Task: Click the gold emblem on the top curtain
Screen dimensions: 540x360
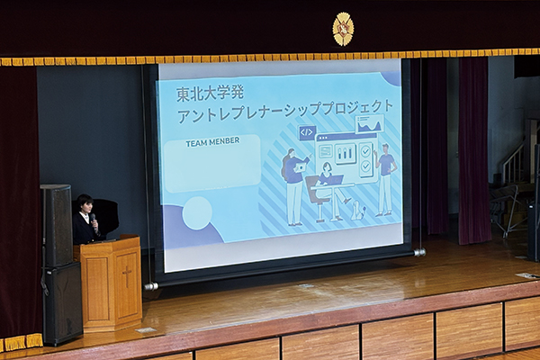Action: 343,29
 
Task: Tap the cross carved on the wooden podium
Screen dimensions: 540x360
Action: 127,276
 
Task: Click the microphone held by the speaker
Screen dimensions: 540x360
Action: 93,220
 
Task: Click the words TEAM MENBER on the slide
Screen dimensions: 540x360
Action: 212,142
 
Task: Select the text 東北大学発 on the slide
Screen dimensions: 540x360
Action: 211,94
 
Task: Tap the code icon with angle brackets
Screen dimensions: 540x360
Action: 307,132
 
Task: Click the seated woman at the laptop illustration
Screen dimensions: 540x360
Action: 328,190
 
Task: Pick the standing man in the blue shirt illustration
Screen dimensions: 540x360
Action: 386,179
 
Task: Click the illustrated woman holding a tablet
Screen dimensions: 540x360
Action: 293,186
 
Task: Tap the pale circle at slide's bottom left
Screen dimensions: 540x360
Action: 197,213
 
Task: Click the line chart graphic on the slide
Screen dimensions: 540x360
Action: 370,123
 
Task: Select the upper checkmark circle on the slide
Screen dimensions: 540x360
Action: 365,150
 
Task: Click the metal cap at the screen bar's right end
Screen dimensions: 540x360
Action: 419,253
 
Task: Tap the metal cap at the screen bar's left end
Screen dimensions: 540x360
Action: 151,286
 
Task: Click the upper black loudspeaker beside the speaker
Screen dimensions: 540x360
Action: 57,225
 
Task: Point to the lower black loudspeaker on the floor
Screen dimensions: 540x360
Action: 63,304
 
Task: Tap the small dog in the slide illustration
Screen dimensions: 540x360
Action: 358,210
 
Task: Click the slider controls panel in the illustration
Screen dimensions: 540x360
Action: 346,153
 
